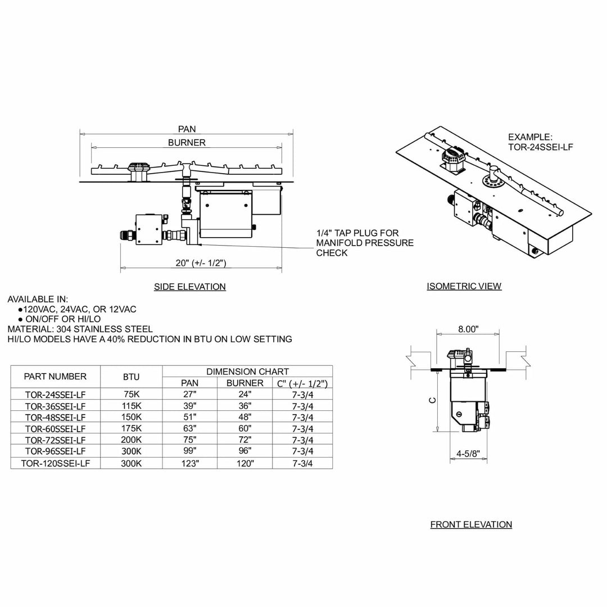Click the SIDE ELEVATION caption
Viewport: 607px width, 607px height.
tap(190, 287)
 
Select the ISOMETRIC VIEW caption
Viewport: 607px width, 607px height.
tap(464, 286)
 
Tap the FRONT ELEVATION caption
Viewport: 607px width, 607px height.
tap(471, 524)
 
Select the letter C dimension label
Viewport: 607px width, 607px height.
tap(432, 401)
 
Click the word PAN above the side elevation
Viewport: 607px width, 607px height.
tap(187, 129)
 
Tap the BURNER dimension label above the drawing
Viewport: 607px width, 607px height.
tap(187, 143)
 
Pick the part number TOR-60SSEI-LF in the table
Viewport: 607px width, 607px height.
tap(55, 428)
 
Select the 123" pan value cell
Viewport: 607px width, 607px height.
tap(189, 463)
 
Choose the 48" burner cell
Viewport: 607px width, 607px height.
tap(244, 417)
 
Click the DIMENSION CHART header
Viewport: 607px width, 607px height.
tap(247, 372)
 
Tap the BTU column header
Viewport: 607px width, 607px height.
tap(132, 377)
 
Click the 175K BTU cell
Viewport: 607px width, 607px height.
tap(132, 428)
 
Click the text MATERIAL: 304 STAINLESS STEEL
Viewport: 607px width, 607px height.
tap(80, 329)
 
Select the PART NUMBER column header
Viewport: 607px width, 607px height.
tap(55, 377)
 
